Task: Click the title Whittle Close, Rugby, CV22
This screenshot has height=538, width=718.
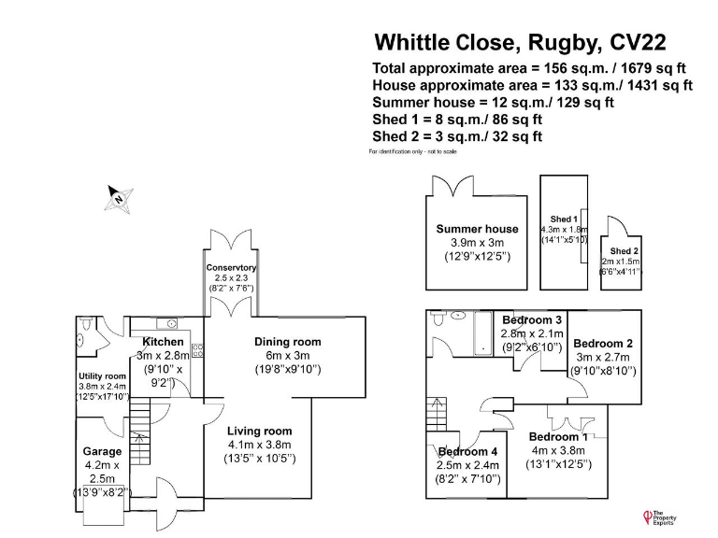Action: [521, 42]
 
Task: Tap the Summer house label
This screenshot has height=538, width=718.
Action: [477, 229]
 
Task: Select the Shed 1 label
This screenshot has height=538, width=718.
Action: [564, 219]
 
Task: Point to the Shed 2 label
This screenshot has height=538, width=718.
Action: [625, 251]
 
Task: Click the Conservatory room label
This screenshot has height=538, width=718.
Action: [231, 268]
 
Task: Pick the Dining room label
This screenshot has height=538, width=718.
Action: [287, 342]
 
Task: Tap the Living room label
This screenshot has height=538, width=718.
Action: [260, 431]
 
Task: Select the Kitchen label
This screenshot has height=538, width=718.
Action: [163, 342]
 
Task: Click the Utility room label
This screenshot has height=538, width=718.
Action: [101, 375]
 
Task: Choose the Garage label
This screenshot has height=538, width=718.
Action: [103, 451]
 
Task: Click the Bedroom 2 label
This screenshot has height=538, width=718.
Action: [603, 343]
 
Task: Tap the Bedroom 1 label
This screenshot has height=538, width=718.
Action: [559, 436]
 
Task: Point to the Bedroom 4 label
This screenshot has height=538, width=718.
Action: [468, 452]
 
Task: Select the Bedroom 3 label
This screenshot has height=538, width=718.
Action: [532, 319]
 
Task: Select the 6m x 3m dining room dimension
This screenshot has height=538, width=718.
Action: [287, 356]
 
